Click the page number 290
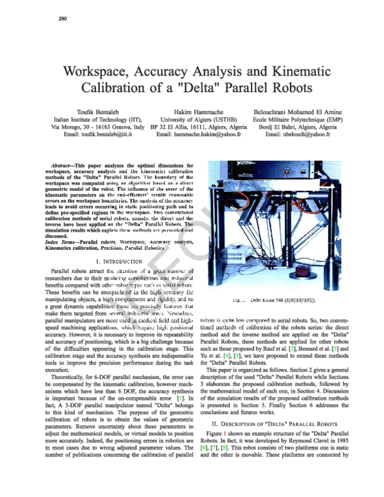pos(54,18)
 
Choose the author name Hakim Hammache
pos(193,110)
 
